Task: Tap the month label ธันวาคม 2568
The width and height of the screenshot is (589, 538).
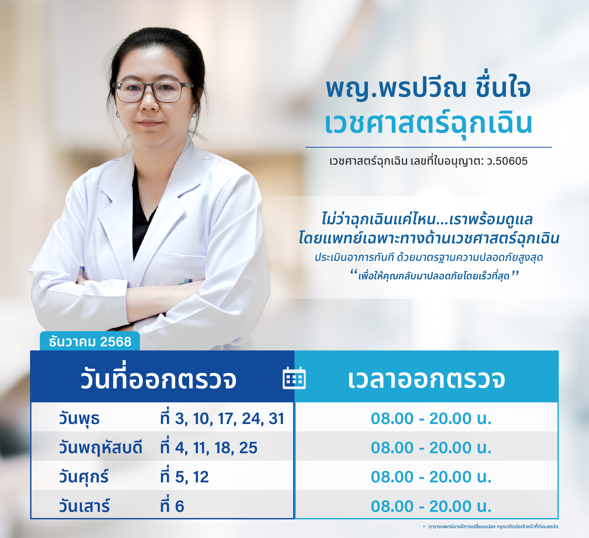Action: [x=90, y=342]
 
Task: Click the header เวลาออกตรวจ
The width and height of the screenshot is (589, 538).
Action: [x=426, y=379]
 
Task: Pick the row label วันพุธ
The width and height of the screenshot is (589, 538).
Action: [x=79, y=419]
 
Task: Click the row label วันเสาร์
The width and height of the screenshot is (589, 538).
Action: [x=84, y=506]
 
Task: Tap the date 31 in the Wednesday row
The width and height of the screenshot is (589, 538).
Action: [x=276, y=418]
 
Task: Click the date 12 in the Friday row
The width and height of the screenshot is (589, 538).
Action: [x=201, y=477]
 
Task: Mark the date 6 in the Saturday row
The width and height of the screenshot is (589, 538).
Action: [x=179, y=506]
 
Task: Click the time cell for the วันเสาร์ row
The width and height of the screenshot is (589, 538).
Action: [x=431, y=506]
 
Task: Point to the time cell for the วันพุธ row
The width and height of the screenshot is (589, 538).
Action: [x=431, y=418]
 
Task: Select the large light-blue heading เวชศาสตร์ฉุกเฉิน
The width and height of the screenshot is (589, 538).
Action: [x=429, y=124]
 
